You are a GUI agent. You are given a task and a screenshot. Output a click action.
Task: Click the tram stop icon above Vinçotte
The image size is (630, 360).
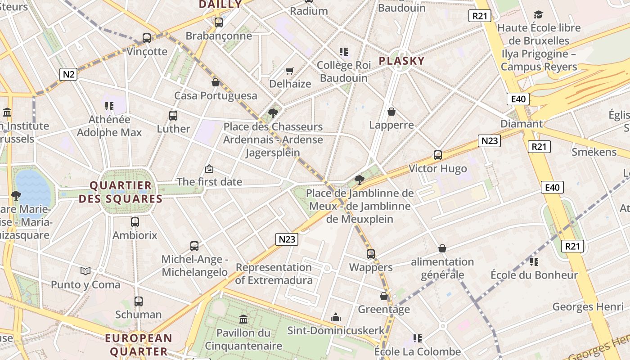(147, 38)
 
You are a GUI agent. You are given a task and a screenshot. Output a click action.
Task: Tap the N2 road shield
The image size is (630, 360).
(68, 74)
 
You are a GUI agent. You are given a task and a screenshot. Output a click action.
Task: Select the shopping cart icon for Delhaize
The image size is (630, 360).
(290, 71)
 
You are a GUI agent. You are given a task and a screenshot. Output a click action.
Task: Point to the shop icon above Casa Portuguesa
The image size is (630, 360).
(216, 82)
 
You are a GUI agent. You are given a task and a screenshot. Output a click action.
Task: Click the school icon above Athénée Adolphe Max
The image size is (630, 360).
(109, 106)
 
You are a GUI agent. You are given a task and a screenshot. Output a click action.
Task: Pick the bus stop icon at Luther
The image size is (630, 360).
(173, 116)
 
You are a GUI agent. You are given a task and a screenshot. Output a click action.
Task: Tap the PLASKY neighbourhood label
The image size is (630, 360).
(401, 61)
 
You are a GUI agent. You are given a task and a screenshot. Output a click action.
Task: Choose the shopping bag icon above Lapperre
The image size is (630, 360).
(391, 112)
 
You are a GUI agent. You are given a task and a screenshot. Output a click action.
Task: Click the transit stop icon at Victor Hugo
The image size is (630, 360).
(437, 155)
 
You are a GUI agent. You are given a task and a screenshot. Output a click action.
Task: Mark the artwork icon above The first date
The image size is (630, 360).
(209, 169)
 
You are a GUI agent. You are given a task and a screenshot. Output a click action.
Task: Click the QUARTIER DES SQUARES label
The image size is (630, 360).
(121, 192)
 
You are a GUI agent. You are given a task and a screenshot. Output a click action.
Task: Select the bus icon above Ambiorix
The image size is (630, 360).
(135, 222)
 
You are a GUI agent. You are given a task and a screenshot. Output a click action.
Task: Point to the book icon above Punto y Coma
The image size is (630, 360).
(85, 271)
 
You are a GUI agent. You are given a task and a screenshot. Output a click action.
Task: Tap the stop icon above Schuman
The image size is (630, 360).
(139, 301)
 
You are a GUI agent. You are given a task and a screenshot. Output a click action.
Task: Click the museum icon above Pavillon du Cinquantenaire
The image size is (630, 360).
(243, 319)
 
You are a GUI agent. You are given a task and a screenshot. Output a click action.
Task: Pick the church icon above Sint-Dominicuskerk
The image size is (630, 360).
(336, 317)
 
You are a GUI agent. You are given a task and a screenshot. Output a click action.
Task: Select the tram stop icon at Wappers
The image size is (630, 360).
(371, 254)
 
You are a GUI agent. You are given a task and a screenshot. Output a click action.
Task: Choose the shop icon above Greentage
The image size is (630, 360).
(384, 296)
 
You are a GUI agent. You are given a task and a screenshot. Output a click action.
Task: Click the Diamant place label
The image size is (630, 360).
(522, 124)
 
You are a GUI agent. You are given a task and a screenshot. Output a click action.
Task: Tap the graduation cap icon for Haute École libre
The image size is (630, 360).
(538, 15)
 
